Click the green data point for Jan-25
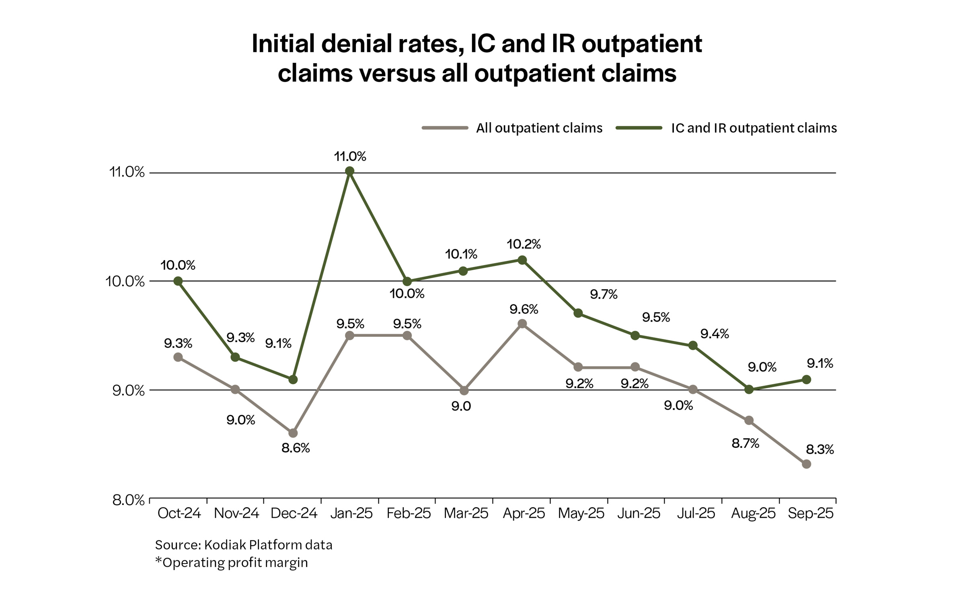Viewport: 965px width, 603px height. pyautogui.click(x=350, y=171)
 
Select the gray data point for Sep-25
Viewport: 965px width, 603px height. pyautogui.click(x=806, y=464)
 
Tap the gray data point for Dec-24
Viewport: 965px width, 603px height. pyautogui.click(x=293, y=433)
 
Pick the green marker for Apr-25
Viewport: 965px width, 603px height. pyautogui.click(x=522, y=260)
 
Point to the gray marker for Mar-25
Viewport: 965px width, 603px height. pyautogui.click(x=464, y=390)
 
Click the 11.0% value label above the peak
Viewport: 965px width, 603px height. pyautogui.click(x=350, y=156)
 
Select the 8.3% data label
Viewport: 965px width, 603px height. pyautogui.click(x=820, y=449)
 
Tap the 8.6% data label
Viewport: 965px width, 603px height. pyautogui.click(x=296, y=448)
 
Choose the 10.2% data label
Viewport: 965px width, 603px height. pyautogui.click(x=524, y=244)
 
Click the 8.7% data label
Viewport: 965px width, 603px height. pyautogui.click(x=745, y=443)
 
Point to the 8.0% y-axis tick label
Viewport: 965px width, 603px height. pyautogui.click(x=128, y=500)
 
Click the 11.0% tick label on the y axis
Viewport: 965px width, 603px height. pyautogui.click(x=127, y=172)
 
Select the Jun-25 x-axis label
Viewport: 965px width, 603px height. pyautogui.click(x=639, y=513)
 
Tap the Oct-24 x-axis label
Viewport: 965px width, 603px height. pyautogui.click(x=179, y=513)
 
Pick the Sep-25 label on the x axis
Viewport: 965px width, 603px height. pyautogui.click(x=810, y=513)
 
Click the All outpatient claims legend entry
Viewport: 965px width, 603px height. pyautogui.click(x=539, y=128)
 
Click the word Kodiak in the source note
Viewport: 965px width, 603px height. pyautogui.click(x=225, y=545)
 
